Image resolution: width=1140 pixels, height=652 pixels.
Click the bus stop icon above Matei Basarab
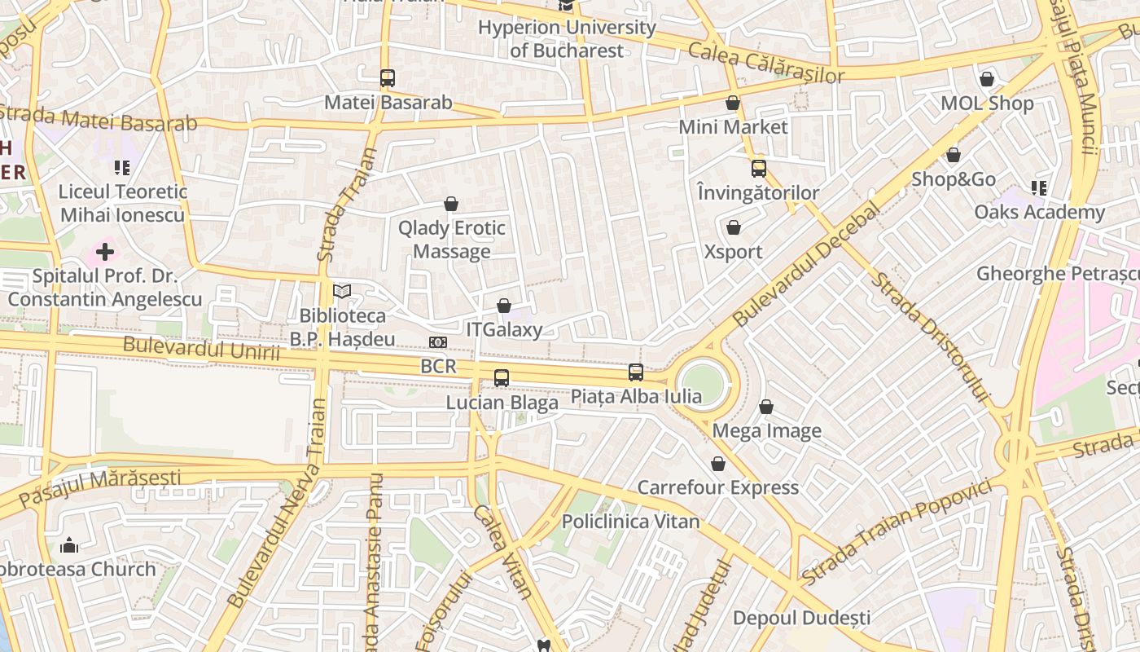click(388, 78)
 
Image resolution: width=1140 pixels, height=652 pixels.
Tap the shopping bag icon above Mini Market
click(733, 103)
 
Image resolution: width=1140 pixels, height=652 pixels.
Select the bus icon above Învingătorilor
click(759, 169)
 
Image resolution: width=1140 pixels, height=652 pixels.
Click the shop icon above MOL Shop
click(987, 79)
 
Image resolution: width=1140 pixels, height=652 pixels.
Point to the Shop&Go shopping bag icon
click(954, 155)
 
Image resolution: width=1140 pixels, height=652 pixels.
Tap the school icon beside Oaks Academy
click(1039, 188)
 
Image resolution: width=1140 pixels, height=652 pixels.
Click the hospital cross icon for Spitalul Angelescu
click(105, 252)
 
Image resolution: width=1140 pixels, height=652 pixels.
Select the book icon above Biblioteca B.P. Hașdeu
click(342, 291)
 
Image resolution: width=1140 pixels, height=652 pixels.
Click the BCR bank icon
click(438, 342)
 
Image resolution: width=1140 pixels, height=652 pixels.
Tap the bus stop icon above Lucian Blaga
click(502, 378)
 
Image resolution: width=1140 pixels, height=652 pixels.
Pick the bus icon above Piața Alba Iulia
click(636, 372)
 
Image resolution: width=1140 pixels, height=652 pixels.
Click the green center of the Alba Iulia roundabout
click(703, 383)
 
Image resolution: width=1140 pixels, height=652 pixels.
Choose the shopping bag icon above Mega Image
click(766, 407)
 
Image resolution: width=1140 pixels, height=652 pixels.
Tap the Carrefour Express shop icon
click(718, 464)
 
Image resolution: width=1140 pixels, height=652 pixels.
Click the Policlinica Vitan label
click(630, 522)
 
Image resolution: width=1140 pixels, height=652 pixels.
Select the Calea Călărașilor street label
click(766, 64)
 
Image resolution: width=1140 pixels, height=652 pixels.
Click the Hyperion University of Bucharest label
click(567, 38)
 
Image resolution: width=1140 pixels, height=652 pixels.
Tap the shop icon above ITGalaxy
click(504, 306)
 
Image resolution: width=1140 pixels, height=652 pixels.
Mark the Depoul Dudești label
click(802, 618)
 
